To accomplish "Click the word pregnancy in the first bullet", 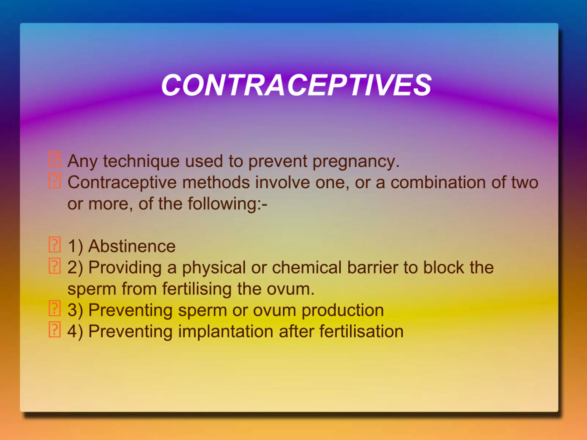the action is [356, 162].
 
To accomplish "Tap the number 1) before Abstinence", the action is [75, 246].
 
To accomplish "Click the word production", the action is [343, 310].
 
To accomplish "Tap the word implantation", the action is [226, 332].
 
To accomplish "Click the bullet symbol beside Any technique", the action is [55, 159].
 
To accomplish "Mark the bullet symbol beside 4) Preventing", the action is [55, 330].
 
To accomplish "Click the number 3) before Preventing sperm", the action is [75, 310].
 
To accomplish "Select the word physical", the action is [214, 268].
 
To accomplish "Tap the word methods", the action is [216, 183].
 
